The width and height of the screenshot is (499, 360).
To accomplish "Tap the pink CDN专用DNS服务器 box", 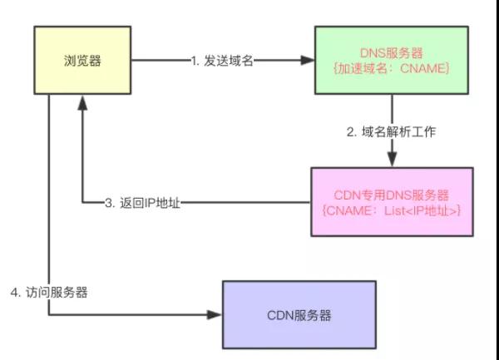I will click(391, 202).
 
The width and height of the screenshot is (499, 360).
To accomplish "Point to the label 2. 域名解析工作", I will click(390, 131).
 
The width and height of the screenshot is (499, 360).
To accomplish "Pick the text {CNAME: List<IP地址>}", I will click(391, 211).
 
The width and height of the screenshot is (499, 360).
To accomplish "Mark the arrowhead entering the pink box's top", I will click(390, 161).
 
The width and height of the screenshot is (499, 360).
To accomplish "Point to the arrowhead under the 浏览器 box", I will click(82, 101).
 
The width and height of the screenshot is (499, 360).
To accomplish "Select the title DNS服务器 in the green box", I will click(390, 52).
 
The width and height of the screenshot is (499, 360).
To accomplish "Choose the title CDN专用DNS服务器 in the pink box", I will click(391, 195).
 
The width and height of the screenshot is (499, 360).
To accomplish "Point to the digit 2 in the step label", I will click(350, 131).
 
